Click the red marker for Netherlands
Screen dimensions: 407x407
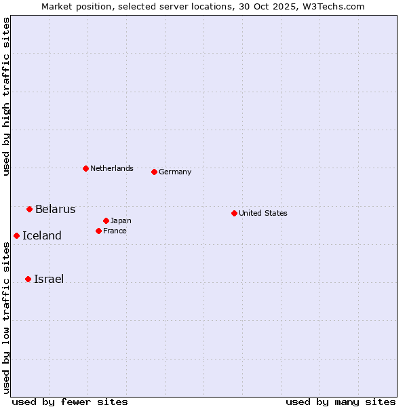click(x=85, y=168)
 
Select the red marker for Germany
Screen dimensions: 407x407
click(x=154, y=172)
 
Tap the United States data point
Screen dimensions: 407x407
click(x=234, y=213)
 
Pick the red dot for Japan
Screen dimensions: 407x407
click(x=106, y=220)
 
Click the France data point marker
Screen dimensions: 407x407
click(x=98, y=231)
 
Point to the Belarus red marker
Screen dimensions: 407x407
click(x=29, y=209)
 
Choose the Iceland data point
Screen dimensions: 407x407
click(x=16, y=235)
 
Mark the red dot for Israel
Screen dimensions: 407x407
click(x=28, y=279)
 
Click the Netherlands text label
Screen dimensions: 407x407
click(x=111, y=168)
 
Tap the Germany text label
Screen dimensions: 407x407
click(x=175, y=172)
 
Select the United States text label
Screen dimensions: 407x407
click(x=263, y=213)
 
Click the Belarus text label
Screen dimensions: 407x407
click(x=55, y=209)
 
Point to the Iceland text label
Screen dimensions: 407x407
click(x=41, y=235)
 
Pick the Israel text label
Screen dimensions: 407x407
click(x=48, y=279)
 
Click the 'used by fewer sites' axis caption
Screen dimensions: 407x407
click(x=70, y=402)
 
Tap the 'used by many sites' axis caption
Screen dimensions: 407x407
click(x=341, y=402)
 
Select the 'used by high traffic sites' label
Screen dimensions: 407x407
click(x=6, y=96)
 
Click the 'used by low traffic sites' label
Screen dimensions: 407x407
click(x=6, y=317)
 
